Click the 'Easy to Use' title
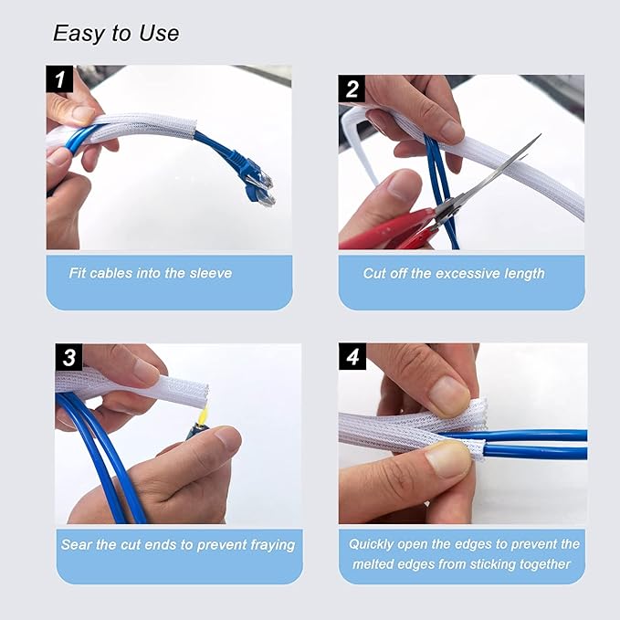116,34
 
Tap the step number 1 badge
59,79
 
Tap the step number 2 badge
352,89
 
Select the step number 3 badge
68,357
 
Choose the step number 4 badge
352,357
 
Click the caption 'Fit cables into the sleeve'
151,273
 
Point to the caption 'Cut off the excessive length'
454,273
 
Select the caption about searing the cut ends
178,544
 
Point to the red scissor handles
388,233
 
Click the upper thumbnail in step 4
449,396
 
